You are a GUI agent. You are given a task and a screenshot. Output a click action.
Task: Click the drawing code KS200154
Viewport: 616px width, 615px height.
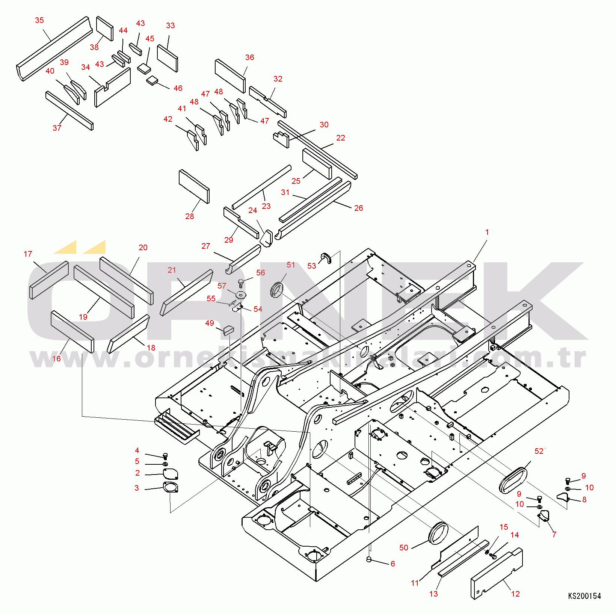pos(584,596)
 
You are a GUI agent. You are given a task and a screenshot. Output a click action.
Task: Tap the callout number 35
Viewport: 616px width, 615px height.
pos(39,20)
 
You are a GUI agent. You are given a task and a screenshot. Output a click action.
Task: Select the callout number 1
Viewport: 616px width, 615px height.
pos(487,232)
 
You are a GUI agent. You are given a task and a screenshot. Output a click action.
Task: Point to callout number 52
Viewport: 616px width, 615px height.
pos(539,451)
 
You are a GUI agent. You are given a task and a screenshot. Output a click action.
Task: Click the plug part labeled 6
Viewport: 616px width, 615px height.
pos(369,560)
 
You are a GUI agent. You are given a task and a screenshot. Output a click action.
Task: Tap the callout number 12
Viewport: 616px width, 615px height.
pos(515,594)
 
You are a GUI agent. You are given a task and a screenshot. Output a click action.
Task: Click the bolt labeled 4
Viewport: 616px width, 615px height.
pos(165,456)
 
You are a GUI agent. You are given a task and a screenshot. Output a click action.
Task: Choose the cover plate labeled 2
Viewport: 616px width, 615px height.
pos(171,474)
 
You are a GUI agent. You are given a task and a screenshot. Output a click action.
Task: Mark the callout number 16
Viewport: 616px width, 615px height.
pos(56,359)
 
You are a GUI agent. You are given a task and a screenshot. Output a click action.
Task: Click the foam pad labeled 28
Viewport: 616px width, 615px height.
pos(194,186)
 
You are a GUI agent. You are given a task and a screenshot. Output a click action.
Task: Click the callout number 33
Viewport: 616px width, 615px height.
pos(171,26)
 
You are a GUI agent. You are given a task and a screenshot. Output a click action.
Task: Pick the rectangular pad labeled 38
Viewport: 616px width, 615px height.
pos(105,29)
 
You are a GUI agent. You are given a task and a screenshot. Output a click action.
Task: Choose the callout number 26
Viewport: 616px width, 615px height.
pos(359,208)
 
